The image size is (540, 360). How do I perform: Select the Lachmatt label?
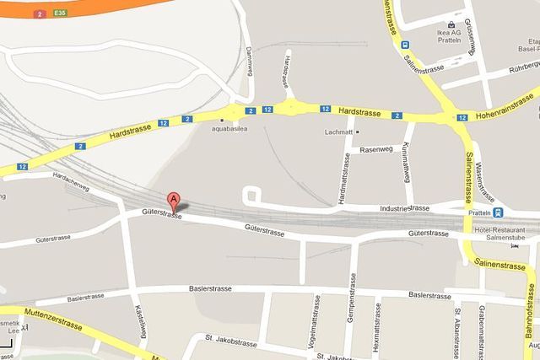337,132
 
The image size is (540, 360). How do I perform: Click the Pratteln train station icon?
498,212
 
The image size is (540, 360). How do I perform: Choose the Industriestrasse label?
406,207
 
